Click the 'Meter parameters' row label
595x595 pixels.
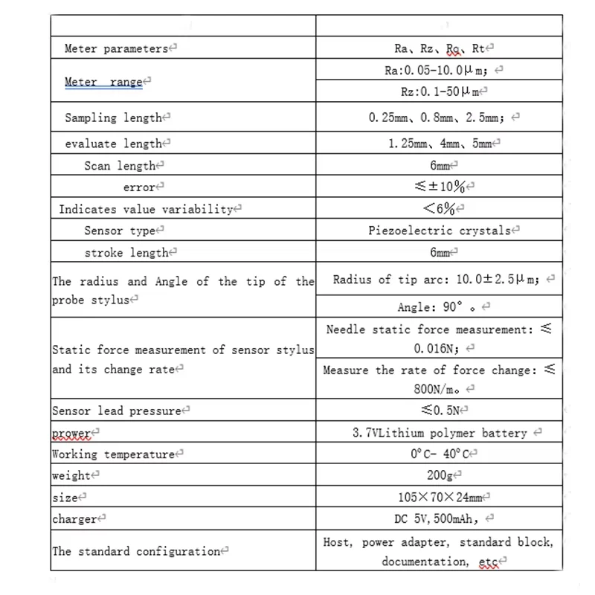tap(117, 49)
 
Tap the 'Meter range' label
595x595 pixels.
tap(103, 82)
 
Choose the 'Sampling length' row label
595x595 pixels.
tap(113, 118)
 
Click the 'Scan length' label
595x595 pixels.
tap(120, 166)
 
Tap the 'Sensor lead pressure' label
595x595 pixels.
tap(117, 411)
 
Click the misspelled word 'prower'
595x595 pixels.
tap(71, 433)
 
